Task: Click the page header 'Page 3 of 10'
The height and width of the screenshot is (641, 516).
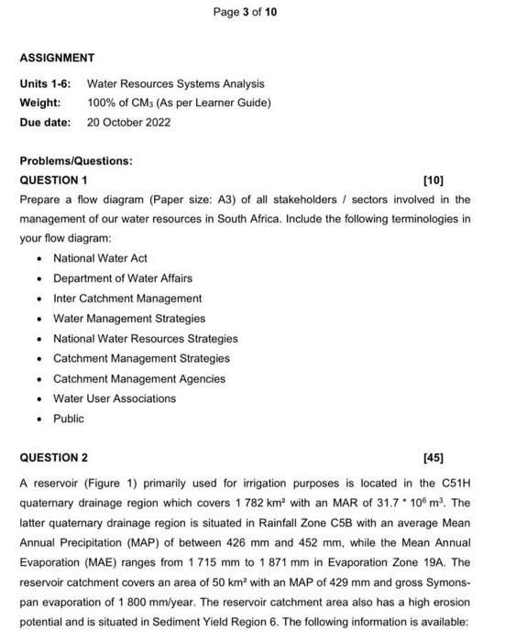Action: pos(244,12)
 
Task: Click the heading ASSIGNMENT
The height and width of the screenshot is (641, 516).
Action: pos(57,58)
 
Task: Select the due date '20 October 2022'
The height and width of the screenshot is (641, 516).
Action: pos(128,122)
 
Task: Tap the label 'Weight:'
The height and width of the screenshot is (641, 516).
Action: pos(40,103)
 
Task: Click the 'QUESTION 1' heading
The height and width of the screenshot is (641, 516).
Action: pos(54,179)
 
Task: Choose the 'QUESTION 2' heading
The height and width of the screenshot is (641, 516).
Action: pos(54,457)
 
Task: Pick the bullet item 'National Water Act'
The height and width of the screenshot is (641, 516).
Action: pos(100,258)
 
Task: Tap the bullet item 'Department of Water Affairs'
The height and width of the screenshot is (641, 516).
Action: pos(123,278)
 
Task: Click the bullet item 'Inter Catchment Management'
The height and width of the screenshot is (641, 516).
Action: pos(127,299)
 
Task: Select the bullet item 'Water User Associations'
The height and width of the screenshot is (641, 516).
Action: pos(115,398)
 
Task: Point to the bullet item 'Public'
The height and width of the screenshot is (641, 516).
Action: pos(69,418)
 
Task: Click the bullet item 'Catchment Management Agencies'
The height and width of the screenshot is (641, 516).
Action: pos(138,378)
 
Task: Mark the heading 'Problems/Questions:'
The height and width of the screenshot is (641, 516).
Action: pos(76,160)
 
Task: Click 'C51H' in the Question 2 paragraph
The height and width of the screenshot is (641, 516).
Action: pos(456,483)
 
